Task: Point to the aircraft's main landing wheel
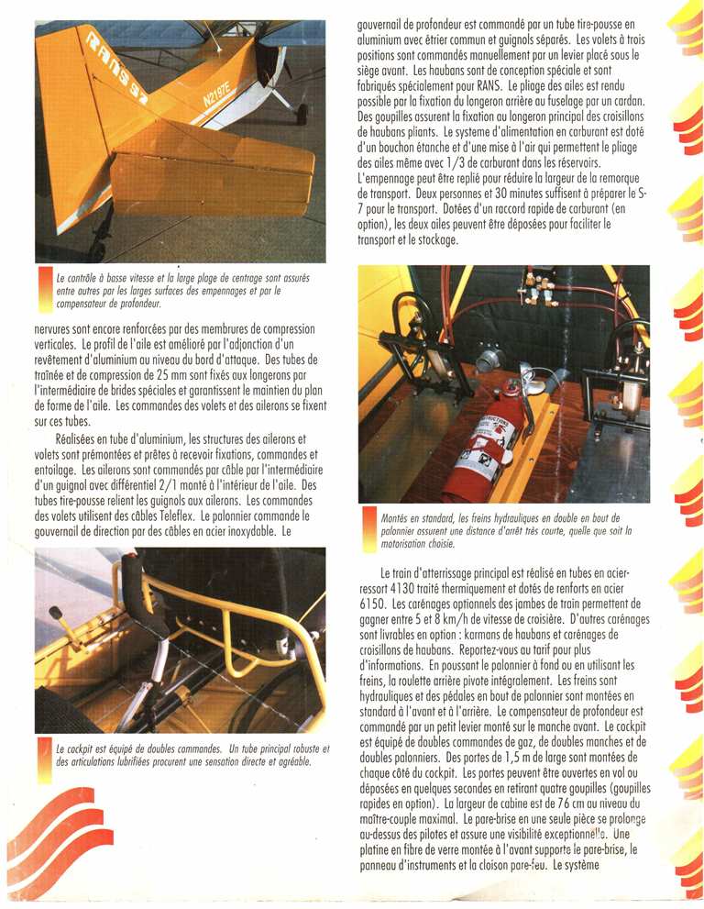(302, 114)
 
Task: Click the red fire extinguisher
(482, 440)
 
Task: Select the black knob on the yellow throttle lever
(55, 612)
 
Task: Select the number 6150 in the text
(376, 605)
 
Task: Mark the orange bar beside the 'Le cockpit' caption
(45, 758)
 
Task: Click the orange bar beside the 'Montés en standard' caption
(370, 527)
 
